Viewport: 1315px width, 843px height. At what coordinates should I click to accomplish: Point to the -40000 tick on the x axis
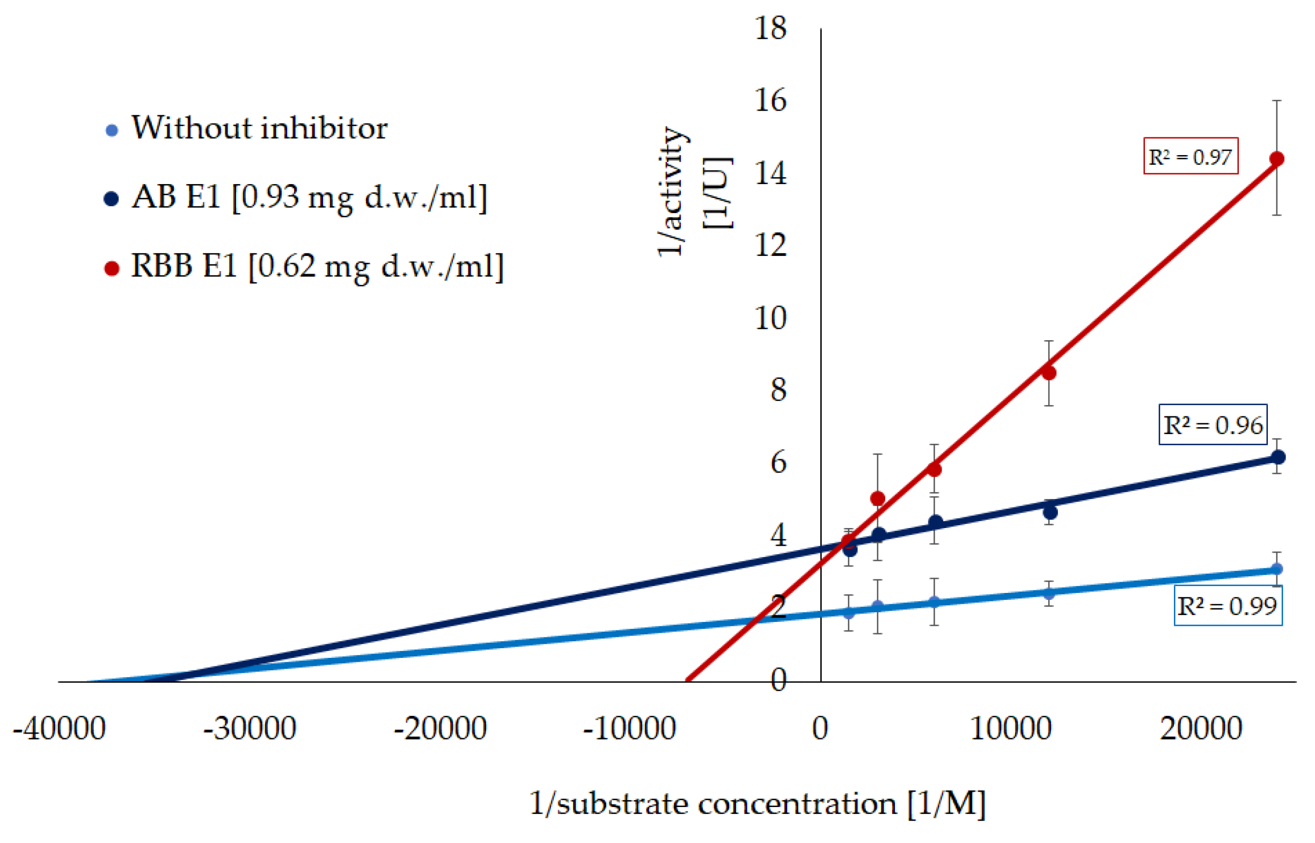click(59, 729)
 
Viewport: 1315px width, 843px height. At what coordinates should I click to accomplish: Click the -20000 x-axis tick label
click(440, 729)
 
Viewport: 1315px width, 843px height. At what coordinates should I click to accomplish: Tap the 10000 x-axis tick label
click(1010, 729)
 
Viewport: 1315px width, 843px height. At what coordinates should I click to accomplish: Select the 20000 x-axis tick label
click(1201, 729)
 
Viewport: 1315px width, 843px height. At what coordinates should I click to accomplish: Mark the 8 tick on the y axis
click(777, 390)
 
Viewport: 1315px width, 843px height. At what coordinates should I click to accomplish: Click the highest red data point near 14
click(1276, 159)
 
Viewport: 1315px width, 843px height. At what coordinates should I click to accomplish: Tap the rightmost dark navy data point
click(1277, 457)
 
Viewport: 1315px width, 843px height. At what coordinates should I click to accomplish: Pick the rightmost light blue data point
click(1276, 569)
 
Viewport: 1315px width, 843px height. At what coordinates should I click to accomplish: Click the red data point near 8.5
click(1048, 373)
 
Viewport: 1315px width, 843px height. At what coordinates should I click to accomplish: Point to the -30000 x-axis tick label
click(249, 729)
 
